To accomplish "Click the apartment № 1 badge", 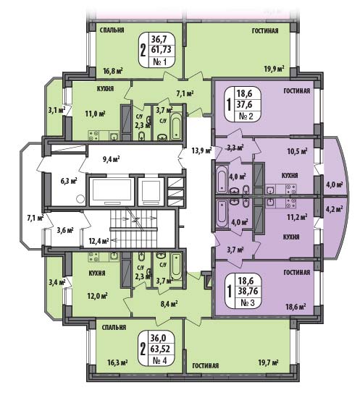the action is [157, 50].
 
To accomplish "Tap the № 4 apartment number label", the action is [159, 360].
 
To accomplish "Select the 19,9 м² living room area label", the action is [275, 69].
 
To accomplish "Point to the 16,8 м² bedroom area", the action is [113, 71].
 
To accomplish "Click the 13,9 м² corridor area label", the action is [202, 151].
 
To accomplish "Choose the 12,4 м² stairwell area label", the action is [99, 241].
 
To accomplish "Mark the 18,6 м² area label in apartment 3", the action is [296, 307].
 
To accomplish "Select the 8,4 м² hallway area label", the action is [168, 304].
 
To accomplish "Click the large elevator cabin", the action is [112, 191].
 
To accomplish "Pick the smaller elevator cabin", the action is [151, 191].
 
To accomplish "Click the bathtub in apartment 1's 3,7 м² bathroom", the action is [176, 126].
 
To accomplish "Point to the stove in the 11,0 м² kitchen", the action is [93, 135].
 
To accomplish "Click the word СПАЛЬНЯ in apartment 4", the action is [114, 327].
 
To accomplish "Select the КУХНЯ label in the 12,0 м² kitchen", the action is [97, 273].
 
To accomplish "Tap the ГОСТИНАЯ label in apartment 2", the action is [297, 90].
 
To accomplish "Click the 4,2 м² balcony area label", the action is [335, 209].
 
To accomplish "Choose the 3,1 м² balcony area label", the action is [56, 110].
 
